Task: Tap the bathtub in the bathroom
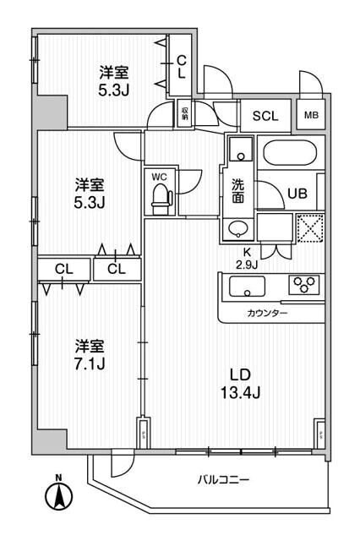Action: click(290, 154)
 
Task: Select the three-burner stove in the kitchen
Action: click(303, 285)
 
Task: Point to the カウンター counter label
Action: click(267, 314)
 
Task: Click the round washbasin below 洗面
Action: click(238, 227)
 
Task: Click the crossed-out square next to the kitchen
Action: click(309, 227)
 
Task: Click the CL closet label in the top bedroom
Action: click(181, 66)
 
